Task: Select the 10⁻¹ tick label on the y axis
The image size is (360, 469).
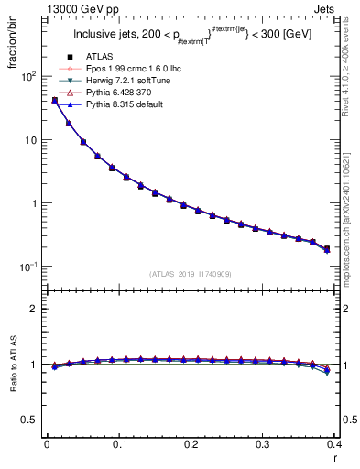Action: [x=27, y=266]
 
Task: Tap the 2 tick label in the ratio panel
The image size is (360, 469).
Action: [x=33, y=309]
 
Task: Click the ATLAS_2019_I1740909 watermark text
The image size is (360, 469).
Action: [x=190, y=274]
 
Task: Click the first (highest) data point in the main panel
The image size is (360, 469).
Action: [x=54, y=100]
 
